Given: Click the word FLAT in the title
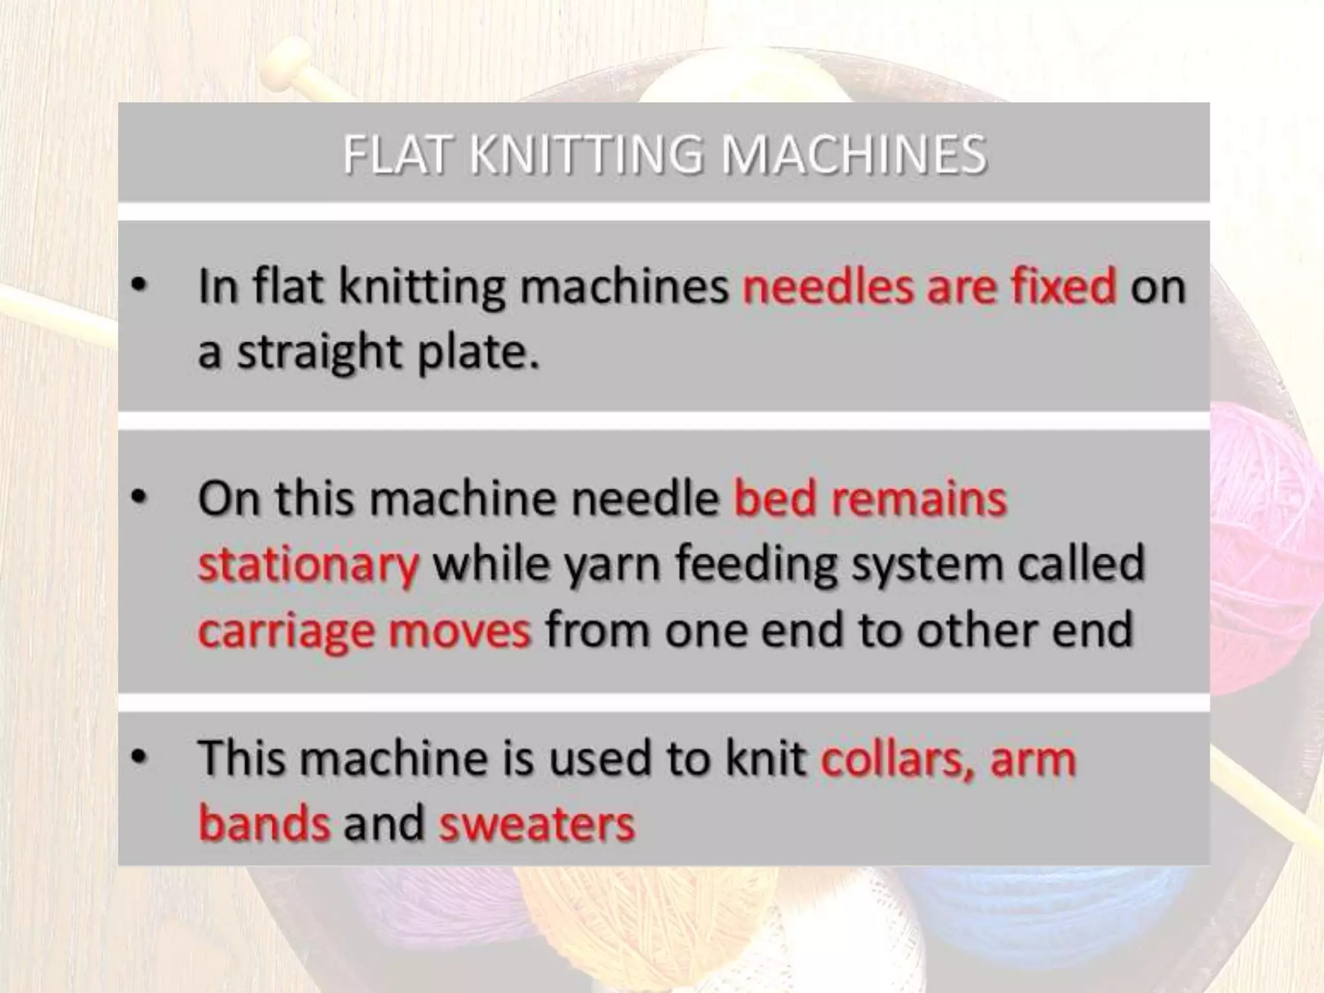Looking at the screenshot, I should coord(396,155).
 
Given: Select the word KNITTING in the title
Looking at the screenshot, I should coord(586,155).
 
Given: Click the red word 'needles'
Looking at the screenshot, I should coord(827,286).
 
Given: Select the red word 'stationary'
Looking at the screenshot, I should coord(308,564).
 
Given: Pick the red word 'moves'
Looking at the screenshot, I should coord(460,630).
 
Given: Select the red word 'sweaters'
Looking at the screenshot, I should coord(537,824).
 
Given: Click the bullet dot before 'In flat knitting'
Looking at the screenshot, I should coord(138,286).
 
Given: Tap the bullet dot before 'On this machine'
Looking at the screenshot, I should coord(138,498).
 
